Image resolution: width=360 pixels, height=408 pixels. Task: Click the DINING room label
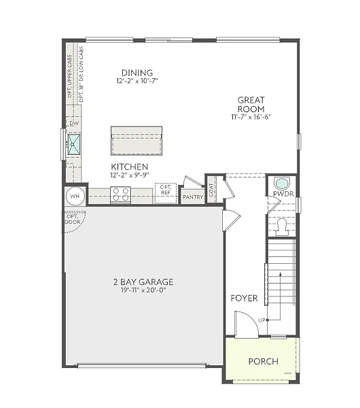[x=137, y=73]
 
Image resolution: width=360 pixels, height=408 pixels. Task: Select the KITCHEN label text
[x=130, y=167]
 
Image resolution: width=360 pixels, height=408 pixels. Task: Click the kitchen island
[x=137, y=141]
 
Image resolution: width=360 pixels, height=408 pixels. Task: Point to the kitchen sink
[x=74, y=143]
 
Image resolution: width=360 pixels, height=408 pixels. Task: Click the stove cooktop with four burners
[x=120, y=194]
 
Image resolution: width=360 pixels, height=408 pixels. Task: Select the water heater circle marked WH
[x=75, y=196]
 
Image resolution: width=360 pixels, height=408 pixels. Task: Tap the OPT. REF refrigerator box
[x=165, y=192]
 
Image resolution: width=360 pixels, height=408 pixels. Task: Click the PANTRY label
[x=193, y=197]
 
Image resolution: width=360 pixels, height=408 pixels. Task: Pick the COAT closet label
[x=212, y=190]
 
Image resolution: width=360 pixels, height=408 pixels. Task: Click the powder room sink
[x=281, y=183]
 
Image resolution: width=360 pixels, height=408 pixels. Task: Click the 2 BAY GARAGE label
[x=143, y=282]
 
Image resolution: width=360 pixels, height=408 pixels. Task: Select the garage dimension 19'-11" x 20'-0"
[x=143, y=290]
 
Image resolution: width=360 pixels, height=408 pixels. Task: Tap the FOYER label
[x=243, y=298]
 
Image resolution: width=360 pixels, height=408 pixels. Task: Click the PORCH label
[x=263, y=361]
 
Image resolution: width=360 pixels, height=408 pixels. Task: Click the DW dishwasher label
[x=73, y=124]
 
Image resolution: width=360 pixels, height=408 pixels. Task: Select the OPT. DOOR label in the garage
[x=72, y=219]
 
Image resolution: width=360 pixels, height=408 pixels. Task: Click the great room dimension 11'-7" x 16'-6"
[x=251, y=117]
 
